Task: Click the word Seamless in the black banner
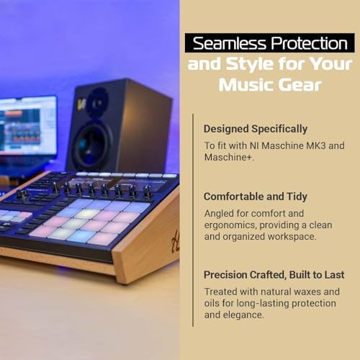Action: tap(230, 43)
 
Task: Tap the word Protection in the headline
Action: tap(310, 43)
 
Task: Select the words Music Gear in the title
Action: tap(270, 85)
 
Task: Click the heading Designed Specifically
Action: tap(256, 129)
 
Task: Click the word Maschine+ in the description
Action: tap(229, 158)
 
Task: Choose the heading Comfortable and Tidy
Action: tap(256, 197)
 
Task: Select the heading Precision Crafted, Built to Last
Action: tap(274, 275)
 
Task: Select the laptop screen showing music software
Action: tap(27, 126)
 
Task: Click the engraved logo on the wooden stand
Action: tap(176, 240)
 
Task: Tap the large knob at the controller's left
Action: tap(22, 194)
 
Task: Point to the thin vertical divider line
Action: tap(193, 220)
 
